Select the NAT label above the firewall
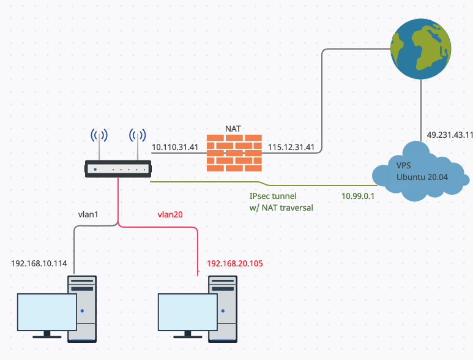click(x=233, y=129)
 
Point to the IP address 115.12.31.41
click(x=291, y=148)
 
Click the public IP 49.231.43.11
click(x=449, y=135)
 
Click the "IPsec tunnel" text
click(x=273, y=196)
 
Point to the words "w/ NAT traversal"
click(x=281, y=208)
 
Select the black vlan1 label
click(x=90, y=215)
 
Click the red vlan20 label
click(x=171, y=215)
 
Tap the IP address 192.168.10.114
click(x=39, y=264)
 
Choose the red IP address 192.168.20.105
click(x=235, y=264)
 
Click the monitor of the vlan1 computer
click(x=46, y=312)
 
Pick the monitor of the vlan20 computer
click(x=187, y=312)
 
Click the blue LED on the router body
click(x=95, y=168)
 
